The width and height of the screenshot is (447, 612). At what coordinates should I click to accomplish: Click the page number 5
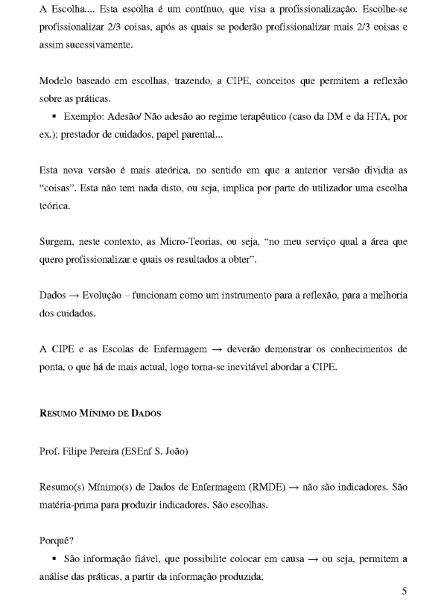(404, 592)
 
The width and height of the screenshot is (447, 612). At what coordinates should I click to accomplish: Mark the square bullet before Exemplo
(55, 118)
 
